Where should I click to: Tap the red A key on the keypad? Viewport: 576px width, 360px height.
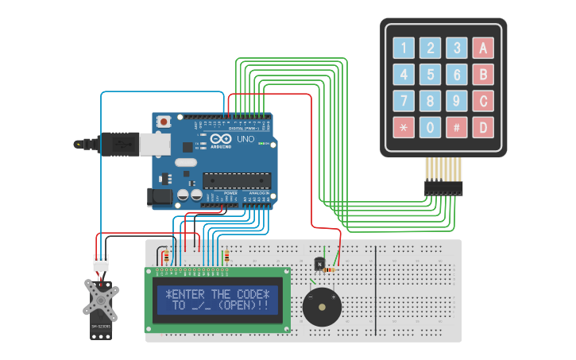pos(482,48)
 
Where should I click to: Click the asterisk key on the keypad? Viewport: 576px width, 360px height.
pos(404,127)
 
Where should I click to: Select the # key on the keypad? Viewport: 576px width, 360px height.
pos(456,127)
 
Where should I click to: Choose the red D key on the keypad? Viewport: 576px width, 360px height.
pos(482,127)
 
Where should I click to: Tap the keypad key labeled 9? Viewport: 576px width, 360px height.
pos(456,101)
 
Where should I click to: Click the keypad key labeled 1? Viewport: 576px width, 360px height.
pos(404,48)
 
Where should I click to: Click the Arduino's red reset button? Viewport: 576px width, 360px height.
pos(164,122)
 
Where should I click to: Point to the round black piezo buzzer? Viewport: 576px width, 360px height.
pos(322,305)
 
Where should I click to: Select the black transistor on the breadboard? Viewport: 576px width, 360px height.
pos(319,263)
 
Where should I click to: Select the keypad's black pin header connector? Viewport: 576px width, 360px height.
pos(443,188)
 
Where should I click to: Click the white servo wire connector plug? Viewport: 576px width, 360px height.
pos(101,264)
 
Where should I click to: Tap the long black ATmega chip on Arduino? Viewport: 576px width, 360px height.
pos(237,180)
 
